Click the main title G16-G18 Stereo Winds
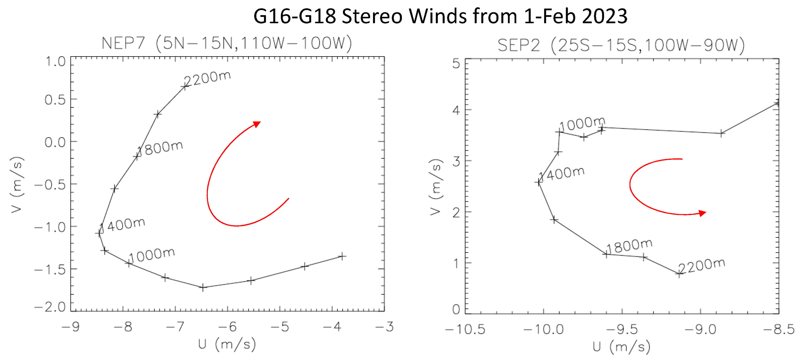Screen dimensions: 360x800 pyautogui.click(x=440, y=16)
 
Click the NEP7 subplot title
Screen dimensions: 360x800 pyautogui.click(x=227, y=43)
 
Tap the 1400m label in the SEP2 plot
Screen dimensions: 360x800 pyautogui.click(x=562, y=174)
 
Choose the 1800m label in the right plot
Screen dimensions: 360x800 pyautogui.click(x=629, y=247)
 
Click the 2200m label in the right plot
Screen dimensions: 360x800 pyautogui.click(x=702, y=266)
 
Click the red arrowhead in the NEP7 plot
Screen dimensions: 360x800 pyautogui.click(x=257, y=124)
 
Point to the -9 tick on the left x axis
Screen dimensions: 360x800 pyautogui.click(x=71, y=327)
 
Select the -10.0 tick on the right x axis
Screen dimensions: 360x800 pyautogui.click(x=543, y=329)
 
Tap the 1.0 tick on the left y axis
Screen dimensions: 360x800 pyautogui.click(x=56, y=62)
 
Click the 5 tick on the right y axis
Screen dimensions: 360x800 pyautogui.click(x=456, y=64)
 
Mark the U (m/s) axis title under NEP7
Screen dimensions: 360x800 pyautogui.click(x=227, y=345)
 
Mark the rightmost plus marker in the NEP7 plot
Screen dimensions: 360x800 pyautogui.click(x=342, y=257)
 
